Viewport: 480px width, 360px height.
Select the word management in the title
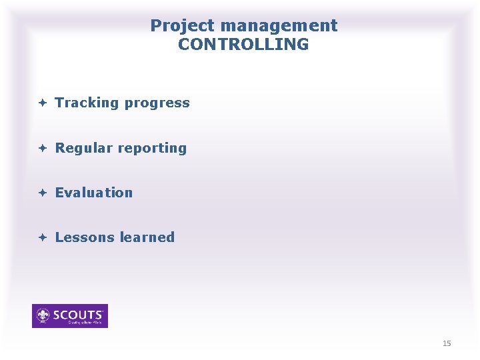(x=279, y=26)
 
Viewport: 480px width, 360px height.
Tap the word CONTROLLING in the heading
(x=243, y=45)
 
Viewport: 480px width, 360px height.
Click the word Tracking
(x=87, y=103)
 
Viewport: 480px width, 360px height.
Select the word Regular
(x=83, y=148)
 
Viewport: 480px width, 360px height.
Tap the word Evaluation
(x=94, y=193)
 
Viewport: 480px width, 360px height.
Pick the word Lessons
(x=84, y=237)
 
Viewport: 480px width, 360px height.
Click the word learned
(x=145, y=237)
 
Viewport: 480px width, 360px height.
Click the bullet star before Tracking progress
(x=41, y=103)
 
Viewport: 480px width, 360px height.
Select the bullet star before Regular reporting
(x=41, y=148)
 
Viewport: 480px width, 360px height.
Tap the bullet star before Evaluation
(x=41, y=193)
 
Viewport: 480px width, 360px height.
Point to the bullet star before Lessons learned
(x=41, y=237)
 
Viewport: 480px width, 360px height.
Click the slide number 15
(x=447, y=343)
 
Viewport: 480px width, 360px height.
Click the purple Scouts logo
(x=70, y=316)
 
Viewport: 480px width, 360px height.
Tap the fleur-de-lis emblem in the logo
(x=43, y=315)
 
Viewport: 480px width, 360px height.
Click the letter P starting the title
(x=155, y=26)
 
